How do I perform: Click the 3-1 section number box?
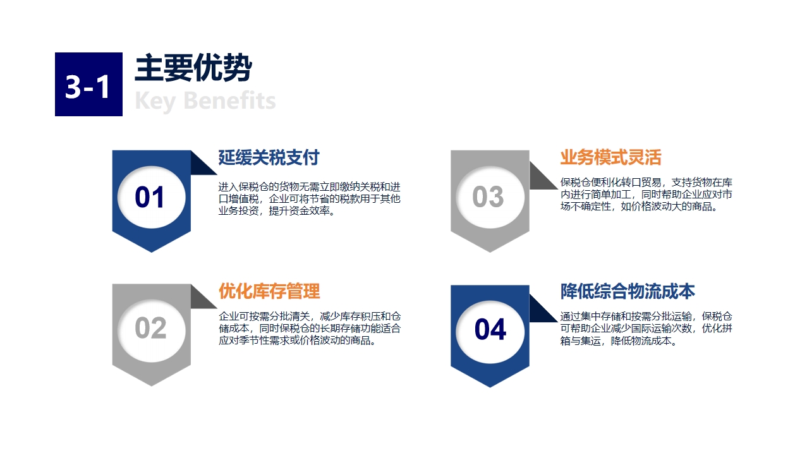[x=88, y=84]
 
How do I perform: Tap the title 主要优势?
[x=193, y=68]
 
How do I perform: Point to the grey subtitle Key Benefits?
[x=205, y=101]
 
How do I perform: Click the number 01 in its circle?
[x=150, y=197]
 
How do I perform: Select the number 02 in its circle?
[x=150, y=328]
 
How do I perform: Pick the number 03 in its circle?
[x=488, y=196]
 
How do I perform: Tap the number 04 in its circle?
[x=490, y=329]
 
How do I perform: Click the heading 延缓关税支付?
[x=269, y=157]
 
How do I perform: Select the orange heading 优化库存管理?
[x=269, y=291]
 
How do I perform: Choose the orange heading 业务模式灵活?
[x=610, y=157]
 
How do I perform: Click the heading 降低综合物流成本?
[x=628, y=291]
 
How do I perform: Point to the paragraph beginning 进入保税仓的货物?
[x=310, y=199]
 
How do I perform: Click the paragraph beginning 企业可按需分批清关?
[x=310, y=329]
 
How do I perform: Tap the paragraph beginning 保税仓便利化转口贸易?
[x=646, y=195]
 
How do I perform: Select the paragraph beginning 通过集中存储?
[x=646, y=329]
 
